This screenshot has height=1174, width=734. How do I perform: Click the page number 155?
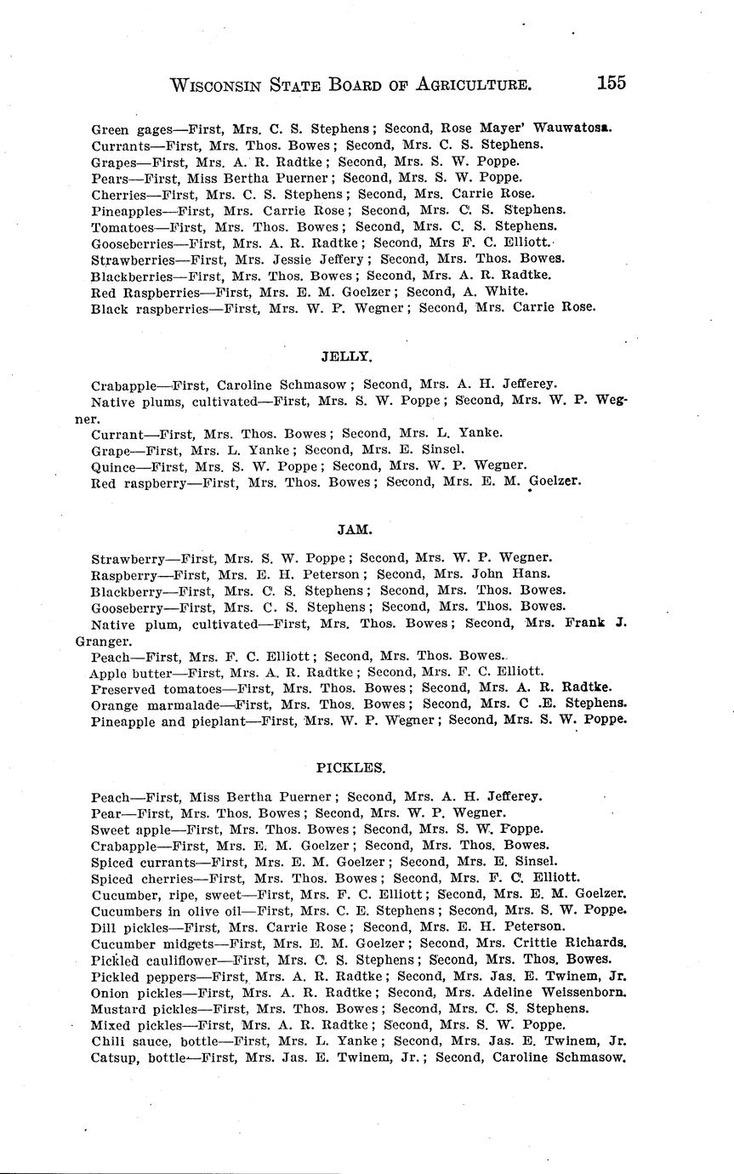(611, 83)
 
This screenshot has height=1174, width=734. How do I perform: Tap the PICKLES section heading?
(350, 767)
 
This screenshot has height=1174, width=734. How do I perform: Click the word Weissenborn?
(582, 993)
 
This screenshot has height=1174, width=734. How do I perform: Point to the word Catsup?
(115, 1058)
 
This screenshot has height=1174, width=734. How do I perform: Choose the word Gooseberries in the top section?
(127, 243)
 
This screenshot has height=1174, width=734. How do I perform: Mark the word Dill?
(103, 927)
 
